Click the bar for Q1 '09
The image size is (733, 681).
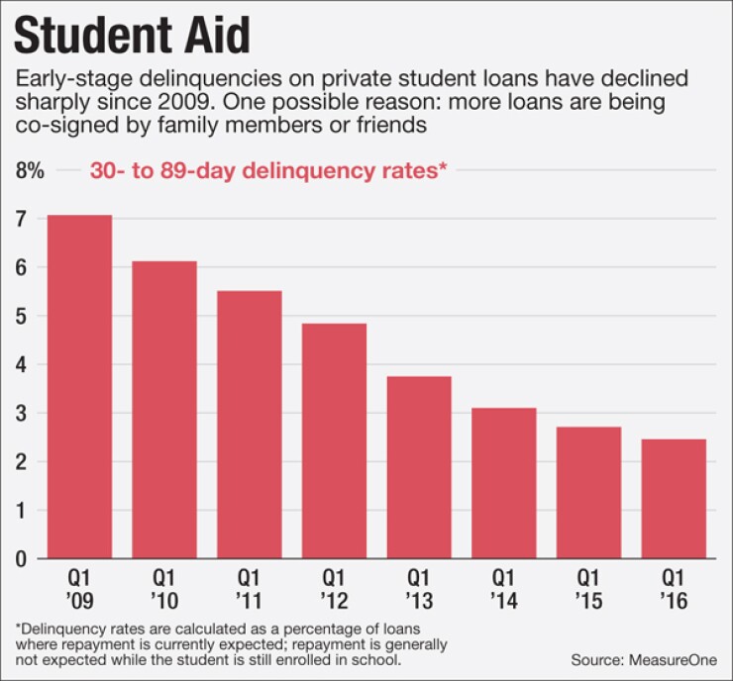pyautogui.click(x=79, y=386)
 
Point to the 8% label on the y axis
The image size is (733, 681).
pyautogui.click(x=31, y=170)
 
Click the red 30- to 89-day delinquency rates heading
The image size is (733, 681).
pyautogui.click(x=268, y=170)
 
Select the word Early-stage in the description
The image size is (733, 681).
pyautogui.click(x=67, y=80)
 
